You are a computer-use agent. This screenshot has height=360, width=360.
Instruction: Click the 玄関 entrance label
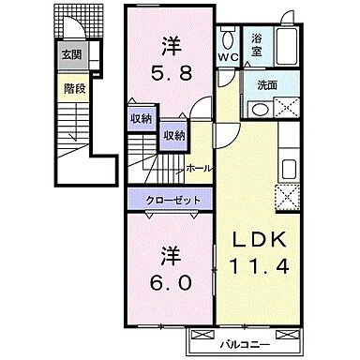coord(71,55)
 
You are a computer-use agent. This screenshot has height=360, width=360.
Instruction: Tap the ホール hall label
coord(198,169)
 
